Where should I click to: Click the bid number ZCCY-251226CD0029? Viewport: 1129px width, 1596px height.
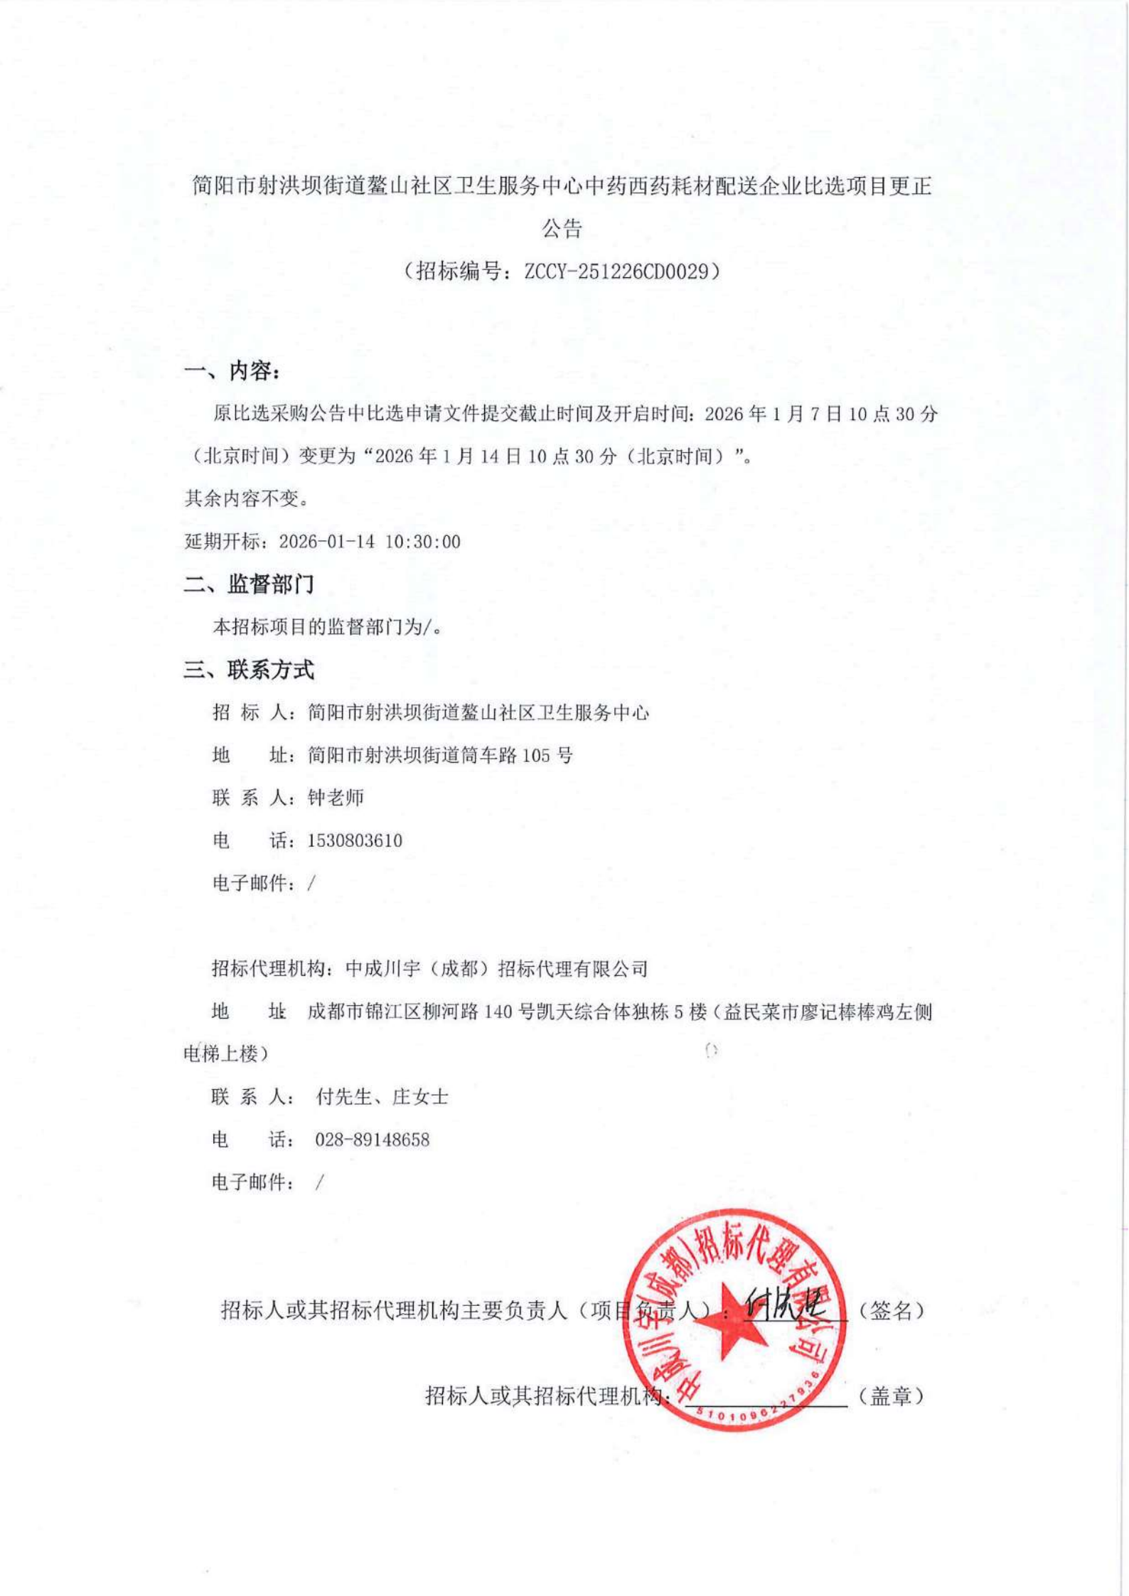point(618,271)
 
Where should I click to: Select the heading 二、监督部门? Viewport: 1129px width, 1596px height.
point(249,584)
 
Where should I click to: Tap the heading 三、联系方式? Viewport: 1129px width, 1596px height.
point(249,670)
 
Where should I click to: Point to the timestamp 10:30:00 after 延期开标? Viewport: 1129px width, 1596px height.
point(423,542)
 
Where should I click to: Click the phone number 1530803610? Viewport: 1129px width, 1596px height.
point(355,840)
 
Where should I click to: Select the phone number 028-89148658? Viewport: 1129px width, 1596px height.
point(373,1140)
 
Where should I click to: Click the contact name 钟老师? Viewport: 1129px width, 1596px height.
point(336,798)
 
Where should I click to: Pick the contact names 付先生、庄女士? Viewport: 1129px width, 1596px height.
point(382,1097)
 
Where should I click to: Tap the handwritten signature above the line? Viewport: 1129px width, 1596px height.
point(786,1304)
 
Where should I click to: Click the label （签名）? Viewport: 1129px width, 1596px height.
point(891,1310)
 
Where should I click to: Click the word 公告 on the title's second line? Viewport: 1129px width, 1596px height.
point(562,228)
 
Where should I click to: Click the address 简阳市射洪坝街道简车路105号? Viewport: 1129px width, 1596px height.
point(440,755)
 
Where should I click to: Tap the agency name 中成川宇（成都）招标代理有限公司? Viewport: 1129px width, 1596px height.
point(497,968)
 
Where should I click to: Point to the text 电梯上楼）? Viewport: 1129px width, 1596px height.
point(226,1054)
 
